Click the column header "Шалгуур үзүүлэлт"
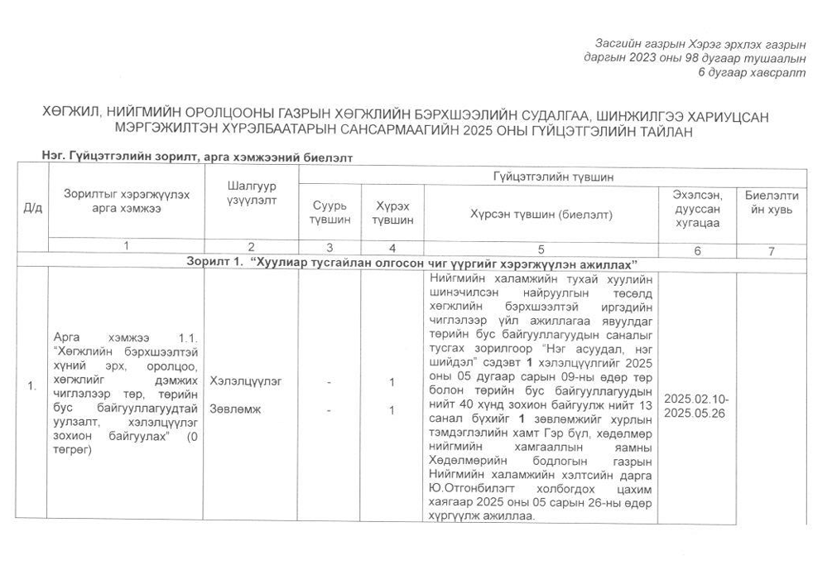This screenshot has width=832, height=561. click(251, 193)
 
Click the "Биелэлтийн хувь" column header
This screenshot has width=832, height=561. click(772, 202)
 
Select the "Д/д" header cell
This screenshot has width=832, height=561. click(33, 208)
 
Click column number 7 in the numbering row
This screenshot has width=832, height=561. click(772, 249)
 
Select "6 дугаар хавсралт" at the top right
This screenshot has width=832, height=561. click(750, 73)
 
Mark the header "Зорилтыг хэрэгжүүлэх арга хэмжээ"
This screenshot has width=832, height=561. click(126, 201)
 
